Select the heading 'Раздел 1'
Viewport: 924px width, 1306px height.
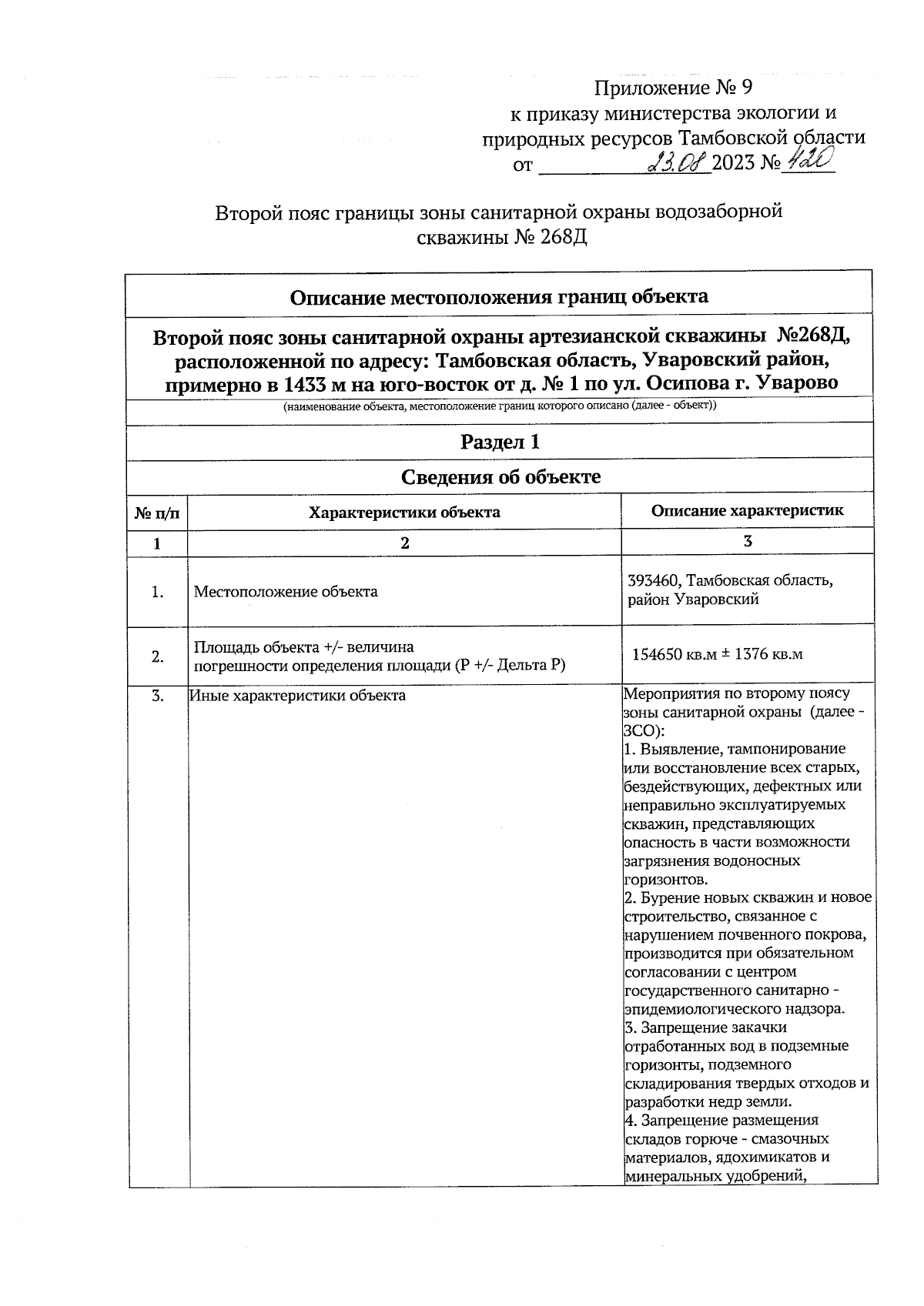tap(500, 442)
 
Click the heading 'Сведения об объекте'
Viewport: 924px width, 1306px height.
tap(500, 477)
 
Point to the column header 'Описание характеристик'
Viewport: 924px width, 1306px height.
tap(747, 510)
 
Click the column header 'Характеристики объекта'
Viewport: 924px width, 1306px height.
tap(404, 512)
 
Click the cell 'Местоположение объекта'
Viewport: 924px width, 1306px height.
tap(286, 592)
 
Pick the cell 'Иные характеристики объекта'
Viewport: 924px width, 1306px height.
tap(298, 696)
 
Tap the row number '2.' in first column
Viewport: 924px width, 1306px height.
tap(157, 656)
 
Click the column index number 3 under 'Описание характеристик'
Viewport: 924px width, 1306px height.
tap(747, 541)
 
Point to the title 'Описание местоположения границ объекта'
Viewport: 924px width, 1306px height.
tap(500, 296)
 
